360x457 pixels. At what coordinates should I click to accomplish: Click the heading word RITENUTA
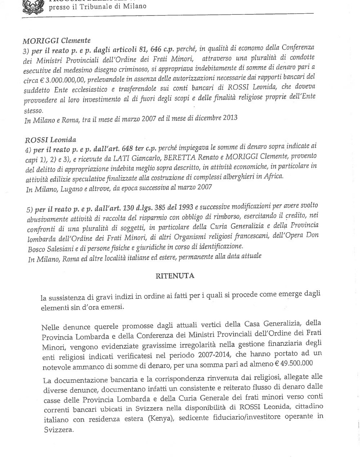[175, 276]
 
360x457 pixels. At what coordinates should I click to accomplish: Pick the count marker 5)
[30, 210]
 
